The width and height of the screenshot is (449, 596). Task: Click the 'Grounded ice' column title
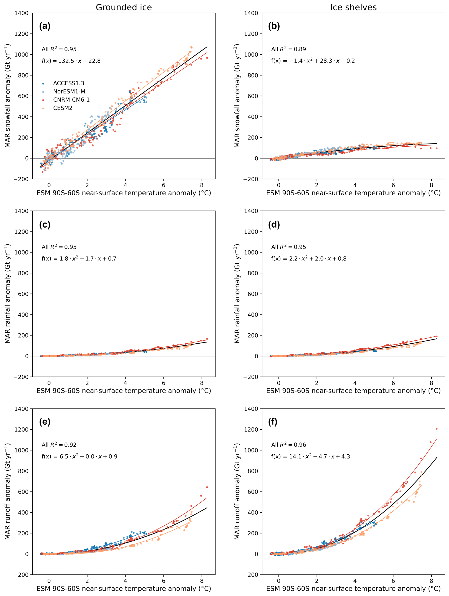pyautogui.click(x=124, y=7)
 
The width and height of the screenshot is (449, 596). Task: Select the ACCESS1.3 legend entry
pyautogui.click(x=68, y=83)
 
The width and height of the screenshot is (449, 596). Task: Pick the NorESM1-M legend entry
pyautogui.click(x=69, y=92)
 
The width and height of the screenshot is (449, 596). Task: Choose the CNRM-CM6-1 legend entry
pyautogui.click(x=71, y=100)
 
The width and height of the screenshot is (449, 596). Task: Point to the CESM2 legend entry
pyautogui.click(x=63, y=108)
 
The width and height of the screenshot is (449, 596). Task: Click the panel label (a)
pyautogui.click(x=45, y=26)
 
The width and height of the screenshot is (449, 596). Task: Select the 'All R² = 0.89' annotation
pyautogui.click(x=288, y=49)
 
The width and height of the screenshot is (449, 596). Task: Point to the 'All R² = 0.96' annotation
pyautogui.click(x=288, y=445)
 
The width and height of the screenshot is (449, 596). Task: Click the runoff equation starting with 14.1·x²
pyautogui.click(x=310, y=456)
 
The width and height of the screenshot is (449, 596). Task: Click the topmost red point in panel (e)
pyautogui.click(x=207, y=487)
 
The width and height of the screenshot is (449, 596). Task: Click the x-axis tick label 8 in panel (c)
pyautogui.click(x=202, y=383)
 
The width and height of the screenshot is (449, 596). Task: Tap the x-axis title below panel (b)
pyautogui.click(x=353, y=193)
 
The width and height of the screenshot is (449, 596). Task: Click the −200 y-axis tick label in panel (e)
pyautogui.click(x=21, y=575)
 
